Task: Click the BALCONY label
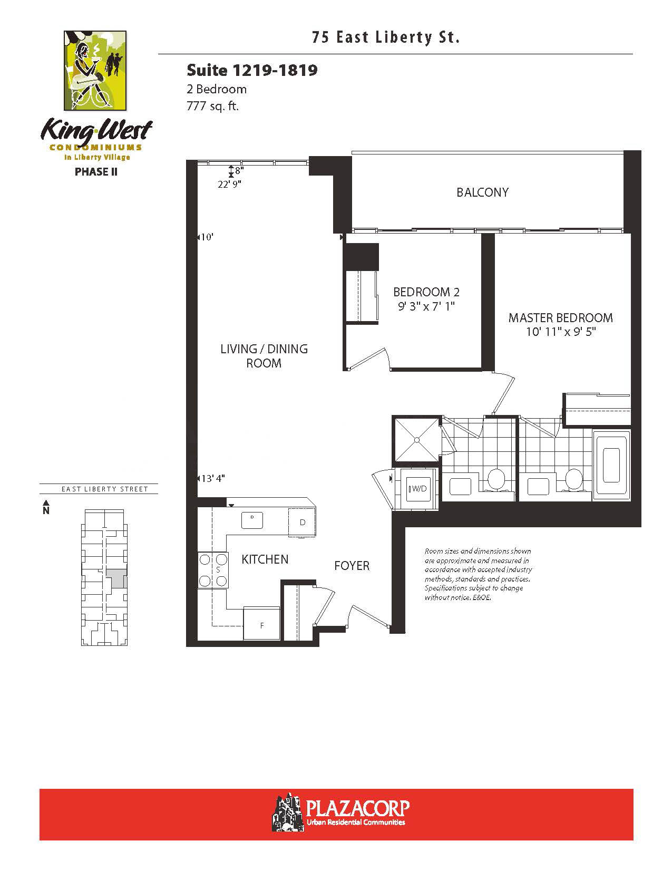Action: (482, 192)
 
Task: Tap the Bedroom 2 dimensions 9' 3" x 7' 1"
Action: (426, 307)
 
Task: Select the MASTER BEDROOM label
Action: (560, 318)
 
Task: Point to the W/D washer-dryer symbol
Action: (418, 489)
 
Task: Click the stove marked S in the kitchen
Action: (213, 570)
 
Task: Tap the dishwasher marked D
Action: (302, 522)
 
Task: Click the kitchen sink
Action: (252, 520)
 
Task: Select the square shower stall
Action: (417, 440)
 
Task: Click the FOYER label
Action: (352, 566)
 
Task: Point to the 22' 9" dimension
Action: (229, 184)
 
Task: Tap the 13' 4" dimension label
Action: (213, 478)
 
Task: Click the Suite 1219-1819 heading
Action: (252, 71)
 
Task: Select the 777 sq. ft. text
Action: (212, 106)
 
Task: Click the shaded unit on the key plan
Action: (116, 579)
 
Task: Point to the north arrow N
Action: (46, 507)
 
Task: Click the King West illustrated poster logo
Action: (95, 71)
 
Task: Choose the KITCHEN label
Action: (265, 559)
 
